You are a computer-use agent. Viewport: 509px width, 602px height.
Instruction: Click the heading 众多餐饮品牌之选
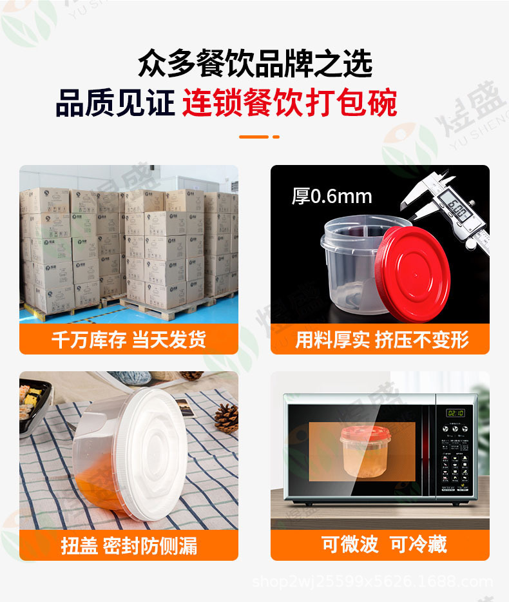tap(254, 65)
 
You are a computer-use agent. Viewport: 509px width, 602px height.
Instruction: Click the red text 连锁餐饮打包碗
tap(289, 103)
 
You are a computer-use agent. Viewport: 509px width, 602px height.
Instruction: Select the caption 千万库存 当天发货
tap(129, 340)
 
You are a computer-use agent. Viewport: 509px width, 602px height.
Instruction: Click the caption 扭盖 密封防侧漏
tap(129, 545)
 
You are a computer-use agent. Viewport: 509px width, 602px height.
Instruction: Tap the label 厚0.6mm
tap(332, 195)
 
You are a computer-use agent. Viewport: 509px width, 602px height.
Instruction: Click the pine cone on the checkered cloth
tap(226, 418)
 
